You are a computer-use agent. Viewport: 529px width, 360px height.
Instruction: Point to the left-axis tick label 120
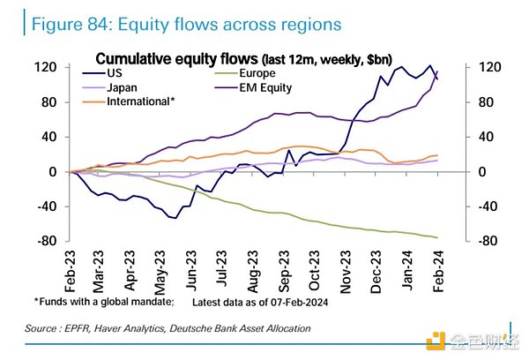tap(46, 67)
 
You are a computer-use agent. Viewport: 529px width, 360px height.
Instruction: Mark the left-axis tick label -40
tap(46, 206)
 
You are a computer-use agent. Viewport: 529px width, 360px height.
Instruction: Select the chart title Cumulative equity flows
tap(176, 58)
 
